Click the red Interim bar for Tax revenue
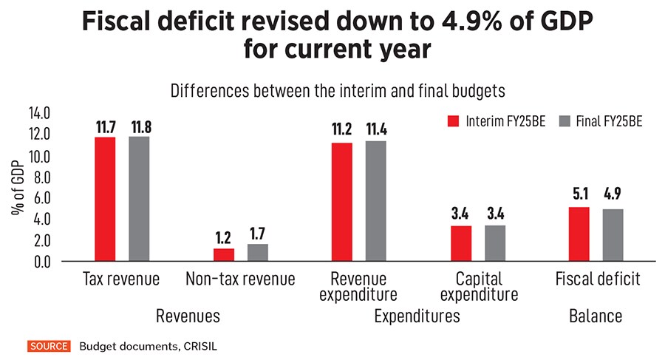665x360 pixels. [105, 200]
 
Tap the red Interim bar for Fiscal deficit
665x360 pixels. [579, 234]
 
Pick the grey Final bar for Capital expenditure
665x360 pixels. [495, 243]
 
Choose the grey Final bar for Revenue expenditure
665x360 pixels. [375, 201]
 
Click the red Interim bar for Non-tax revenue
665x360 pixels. [224, 255]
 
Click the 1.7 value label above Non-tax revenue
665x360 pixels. [258, 234]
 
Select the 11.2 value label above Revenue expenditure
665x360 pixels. [341, 131]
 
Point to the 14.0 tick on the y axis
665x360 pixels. [38, 114]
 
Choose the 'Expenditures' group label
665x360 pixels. [417, 316]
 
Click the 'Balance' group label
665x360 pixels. [595, 316]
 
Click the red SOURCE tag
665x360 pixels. [48, 345]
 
